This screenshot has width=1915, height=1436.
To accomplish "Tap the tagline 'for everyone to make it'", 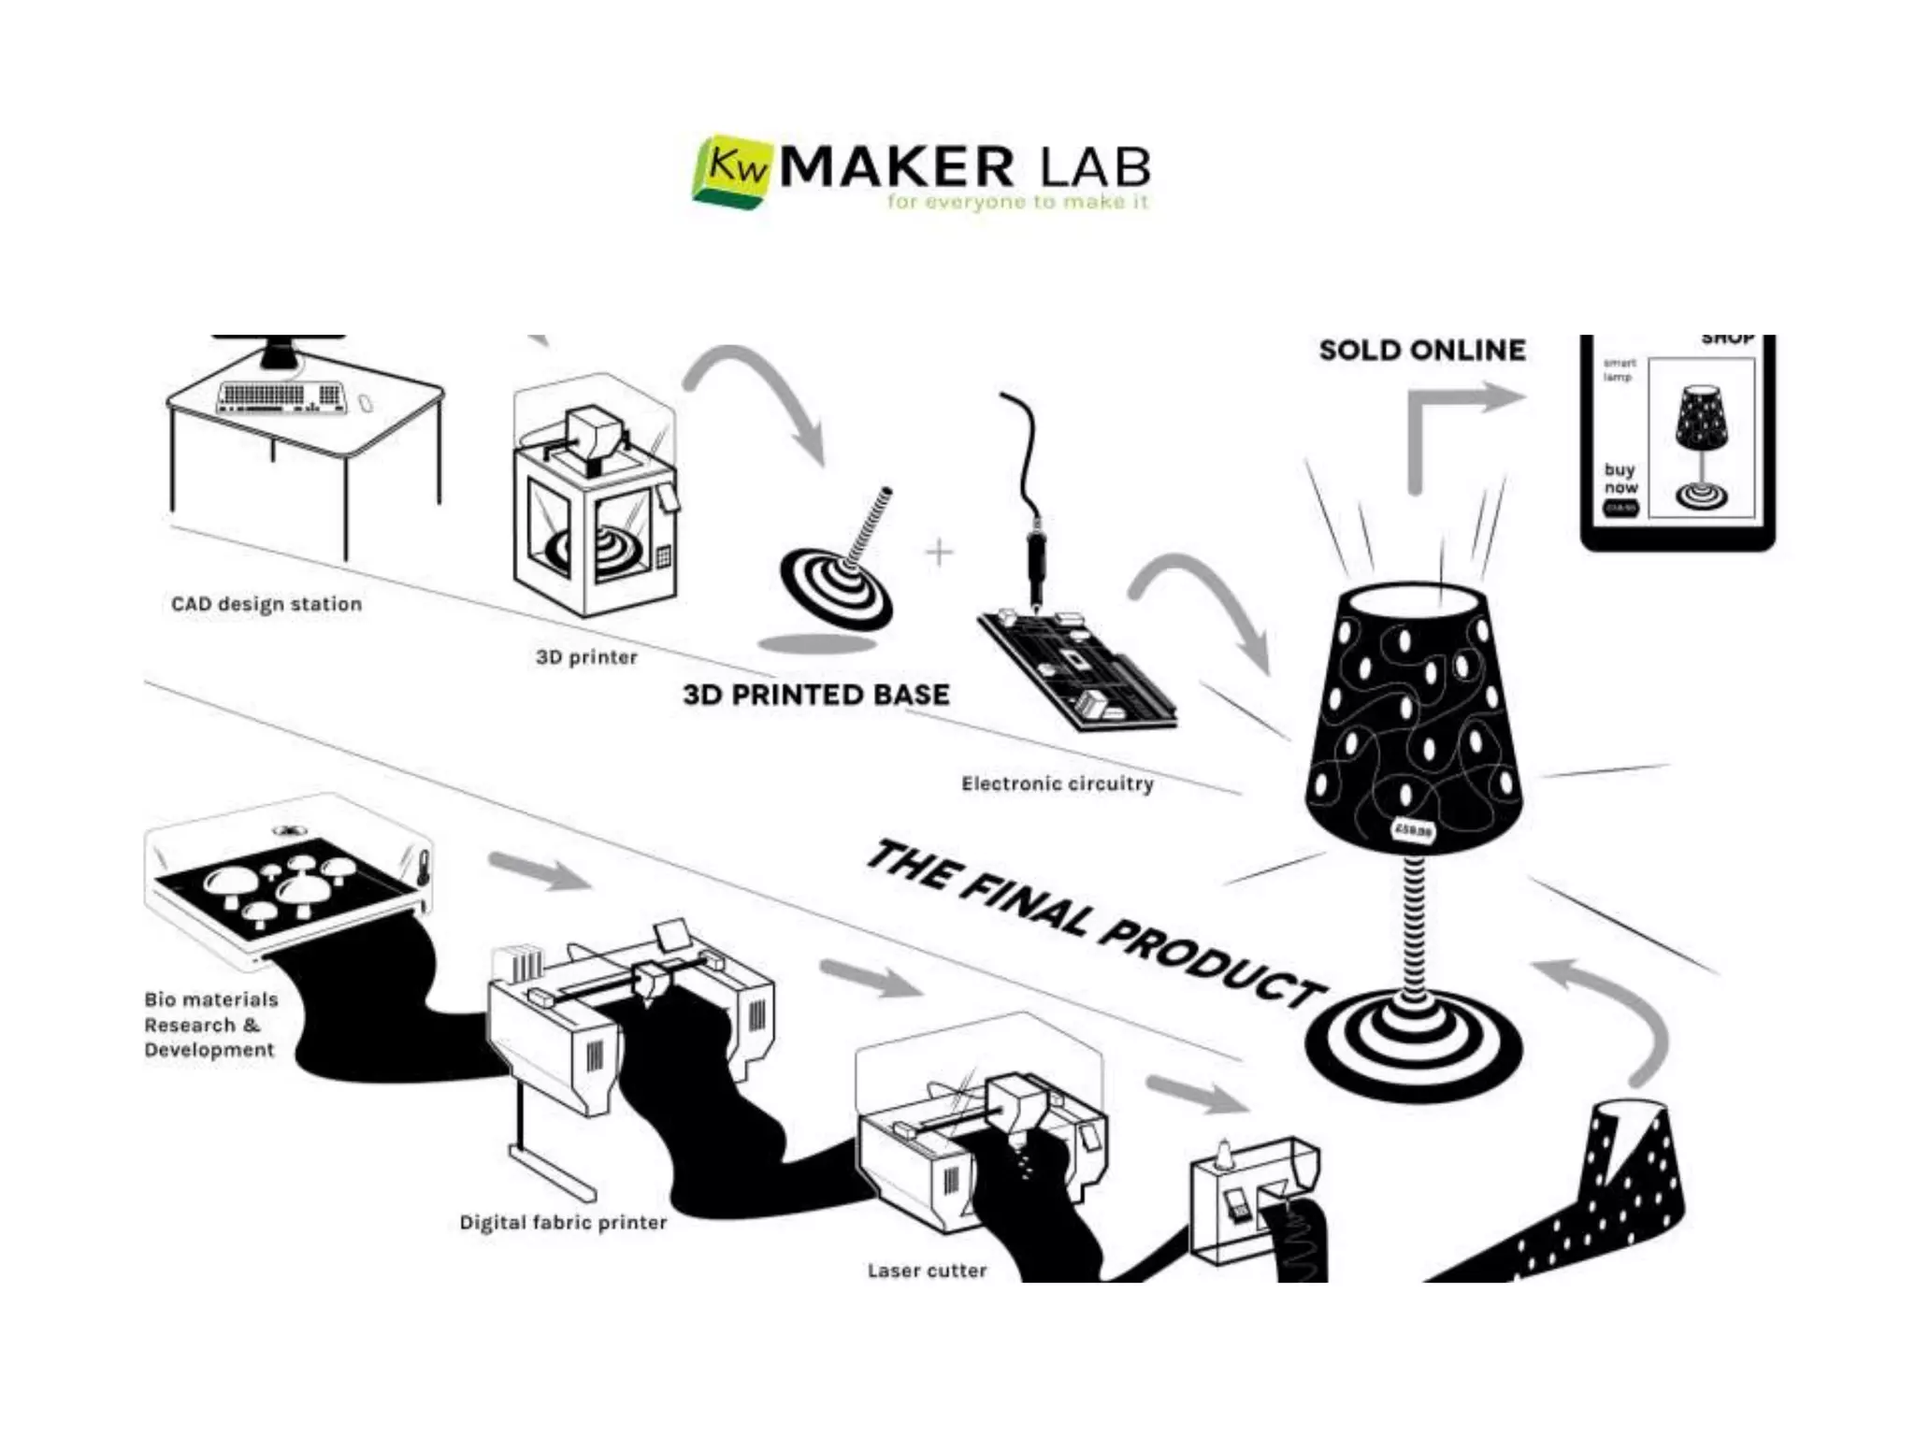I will [x=1017, y=202].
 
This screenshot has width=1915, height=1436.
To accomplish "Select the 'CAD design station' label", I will [x=266, y=604].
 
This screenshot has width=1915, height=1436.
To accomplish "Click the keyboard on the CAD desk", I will [x=280, y=396].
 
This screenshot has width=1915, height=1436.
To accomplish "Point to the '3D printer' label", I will [x=586, y=657].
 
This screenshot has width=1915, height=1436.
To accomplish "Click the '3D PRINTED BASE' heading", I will [x=815, y=695].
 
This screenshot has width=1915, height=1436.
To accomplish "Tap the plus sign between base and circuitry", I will [x=939, y=553].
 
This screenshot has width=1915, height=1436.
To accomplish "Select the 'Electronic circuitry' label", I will [x=1057, y=783].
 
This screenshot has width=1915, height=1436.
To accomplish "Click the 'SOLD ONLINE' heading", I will [x=1421, y=351].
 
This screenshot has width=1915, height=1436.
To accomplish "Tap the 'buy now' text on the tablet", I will [x=1620, y=478].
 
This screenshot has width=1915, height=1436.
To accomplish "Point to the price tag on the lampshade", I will [x=1412, y=830].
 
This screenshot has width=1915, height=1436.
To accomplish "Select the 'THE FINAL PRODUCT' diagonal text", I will [x=1094, y=925].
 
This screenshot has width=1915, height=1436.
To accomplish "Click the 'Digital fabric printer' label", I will [x=563, y=1222].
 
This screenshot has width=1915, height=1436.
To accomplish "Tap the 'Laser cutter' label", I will [x=927, y=1271].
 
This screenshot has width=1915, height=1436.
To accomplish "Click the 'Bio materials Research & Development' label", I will [x=211, y=1025].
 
